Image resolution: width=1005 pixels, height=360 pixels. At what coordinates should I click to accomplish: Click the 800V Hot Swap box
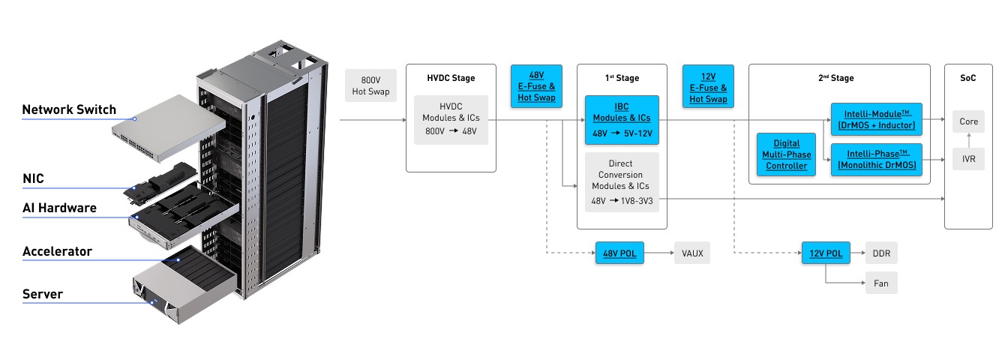(370, 86)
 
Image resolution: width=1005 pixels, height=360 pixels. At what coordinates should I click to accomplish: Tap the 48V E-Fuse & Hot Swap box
(536, 86)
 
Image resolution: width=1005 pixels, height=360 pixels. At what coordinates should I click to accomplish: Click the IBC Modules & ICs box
(622, 120)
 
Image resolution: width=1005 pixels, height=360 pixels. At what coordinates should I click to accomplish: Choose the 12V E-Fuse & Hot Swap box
(708, 86)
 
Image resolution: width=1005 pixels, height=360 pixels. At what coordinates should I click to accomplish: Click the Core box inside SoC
(968, 121)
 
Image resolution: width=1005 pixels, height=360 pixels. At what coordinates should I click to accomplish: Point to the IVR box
(968, 159)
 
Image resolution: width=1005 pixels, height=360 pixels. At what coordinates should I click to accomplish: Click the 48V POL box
(620, 253)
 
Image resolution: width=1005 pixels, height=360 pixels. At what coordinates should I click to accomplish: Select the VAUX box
(692, 253)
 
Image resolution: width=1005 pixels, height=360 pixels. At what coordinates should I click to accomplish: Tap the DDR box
(880, 253)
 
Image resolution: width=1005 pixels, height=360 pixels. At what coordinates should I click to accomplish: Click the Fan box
(880, 283)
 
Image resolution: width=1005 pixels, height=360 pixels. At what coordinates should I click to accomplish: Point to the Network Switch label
(69, 109)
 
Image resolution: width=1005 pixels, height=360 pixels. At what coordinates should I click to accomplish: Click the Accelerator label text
(57, 251)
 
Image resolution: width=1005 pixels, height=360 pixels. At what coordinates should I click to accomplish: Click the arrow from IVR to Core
(968, 140)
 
